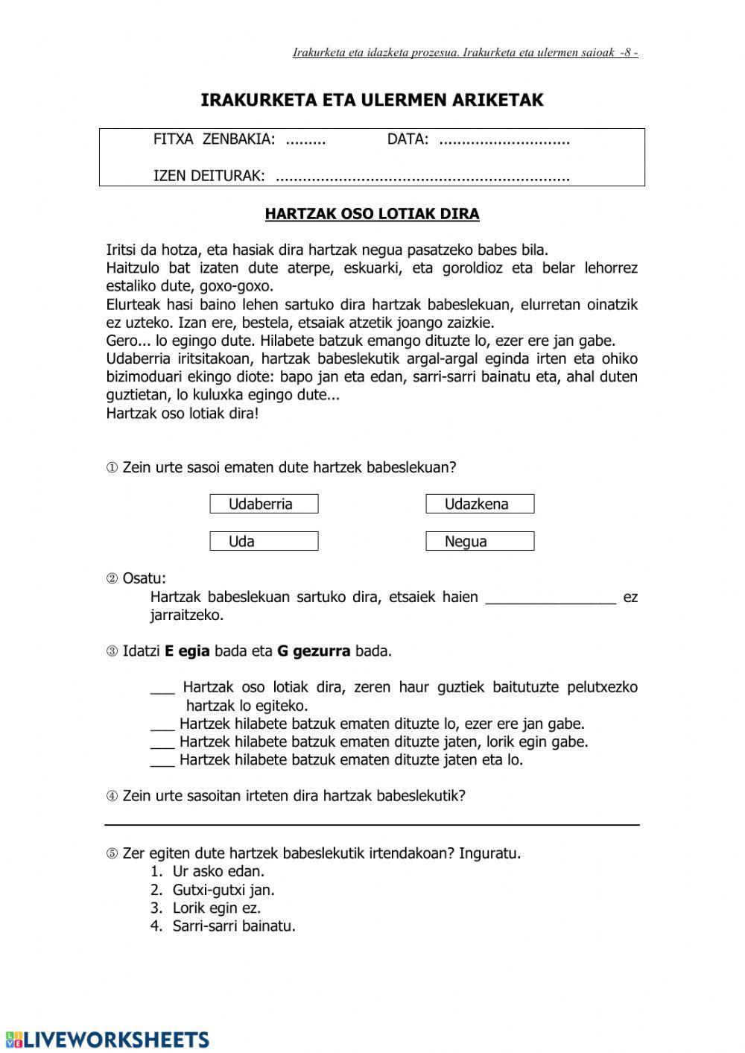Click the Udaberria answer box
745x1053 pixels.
[264, 504]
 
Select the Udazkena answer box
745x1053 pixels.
[480, 504]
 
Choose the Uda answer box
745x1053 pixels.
[264, 541]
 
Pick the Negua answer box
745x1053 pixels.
[480, 541]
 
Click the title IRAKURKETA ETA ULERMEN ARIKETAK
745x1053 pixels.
[372, 100]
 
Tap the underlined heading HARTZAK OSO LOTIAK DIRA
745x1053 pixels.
[372, 214]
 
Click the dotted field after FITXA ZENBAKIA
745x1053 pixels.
[305, 139]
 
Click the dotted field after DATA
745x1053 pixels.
[504, 139]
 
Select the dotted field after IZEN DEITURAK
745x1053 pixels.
[422, 177]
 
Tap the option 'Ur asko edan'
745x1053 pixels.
[218, 871]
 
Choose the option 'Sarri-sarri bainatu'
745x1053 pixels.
[233, 926]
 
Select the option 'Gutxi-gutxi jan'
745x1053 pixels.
[223, 890]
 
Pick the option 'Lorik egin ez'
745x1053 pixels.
[216, 908]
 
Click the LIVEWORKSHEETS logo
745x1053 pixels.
[106, 1040]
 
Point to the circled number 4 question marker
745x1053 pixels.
[112, 796]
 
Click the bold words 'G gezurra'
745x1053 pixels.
[313, 651]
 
